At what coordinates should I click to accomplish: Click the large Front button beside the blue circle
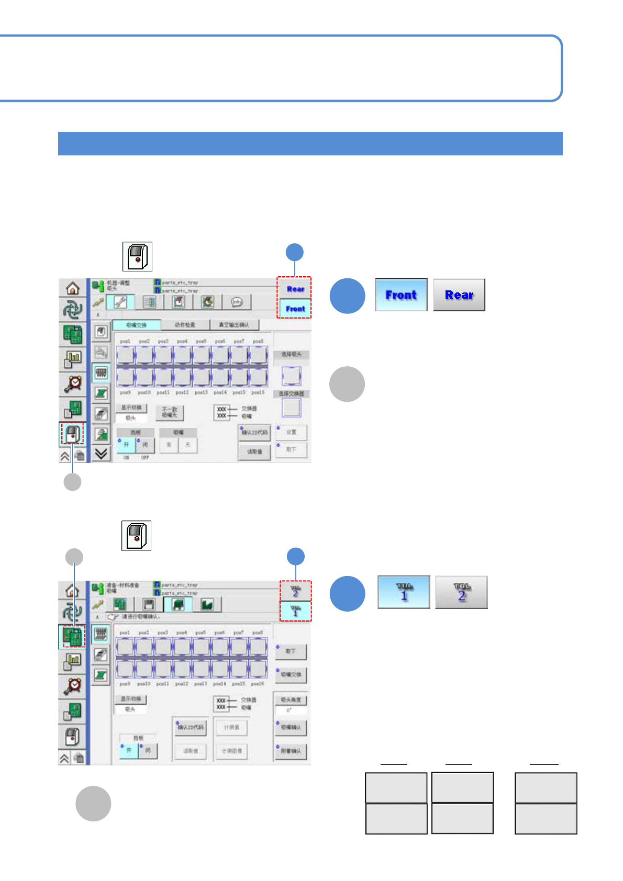point(401,295)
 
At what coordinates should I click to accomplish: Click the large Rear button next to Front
point(459,295)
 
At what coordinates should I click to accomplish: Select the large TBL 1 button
point(404,592)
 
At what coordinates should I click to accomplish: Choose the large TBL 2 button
point(461,592)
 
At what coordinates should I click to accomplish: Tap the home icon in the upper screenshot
point(73,288)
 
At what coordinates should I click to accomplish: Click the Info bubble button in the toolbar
point(237,302)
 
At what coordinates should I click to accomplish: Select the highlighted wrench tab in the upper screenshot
point(120,302)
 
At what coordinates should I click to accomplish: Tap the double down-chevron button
point(102,453)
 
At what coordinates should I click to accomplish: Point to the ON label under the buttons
point(126,458)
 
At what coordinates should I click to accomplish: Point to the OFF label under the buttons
point(145,458)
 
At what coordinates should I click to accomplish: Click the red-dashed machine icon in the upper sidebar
point(73,434)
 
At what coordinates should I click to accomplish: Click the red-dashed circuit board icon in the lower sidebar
point(73,637)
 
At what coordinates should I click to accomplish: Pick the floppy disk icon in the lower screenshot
point(149,604)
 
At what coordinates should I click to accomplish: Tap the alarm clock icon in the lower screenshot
point(73,686)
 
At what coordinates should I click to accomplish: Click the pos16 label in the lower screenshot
point(257,684)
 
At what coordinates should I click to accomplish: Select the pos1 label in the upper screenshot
point(125,341)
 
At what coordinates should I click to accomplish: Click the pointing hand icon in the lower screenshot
point(113,617)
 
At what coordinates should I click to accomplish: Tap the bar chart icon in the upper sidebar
point(73,358)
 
